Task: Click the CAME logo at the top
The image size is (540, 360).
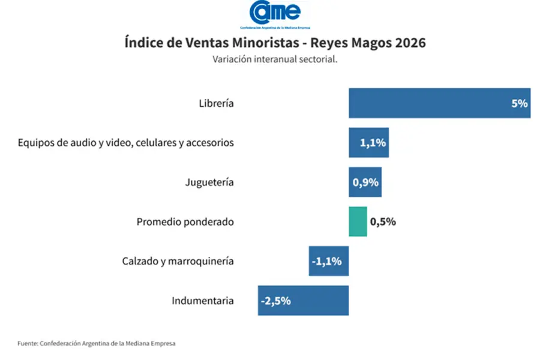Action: point(275,14)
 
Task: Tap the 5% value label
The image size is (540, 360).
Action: point(519,103)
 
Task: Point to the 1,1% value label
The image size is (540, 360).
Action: point(373,143)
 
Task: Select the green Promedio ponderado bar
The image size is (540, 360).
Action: point(358,221)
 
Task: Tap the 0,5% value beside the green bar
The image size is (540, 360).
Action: point(383,222)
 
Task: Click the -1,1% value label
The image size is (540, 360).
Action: point(327,261)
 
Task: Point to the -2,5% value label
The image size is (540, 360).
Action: point(276,301)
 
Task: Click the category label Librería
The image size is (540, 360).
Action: point(216,103)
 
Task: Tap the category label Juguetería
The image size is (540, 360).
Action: point(209,182)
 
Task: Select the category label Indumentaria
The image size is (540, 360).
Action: point(203,301)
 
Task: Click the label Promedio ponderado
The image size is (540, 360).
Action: point(185,222)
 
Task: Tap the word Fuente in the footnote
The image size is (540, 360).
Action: point(27,344)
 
